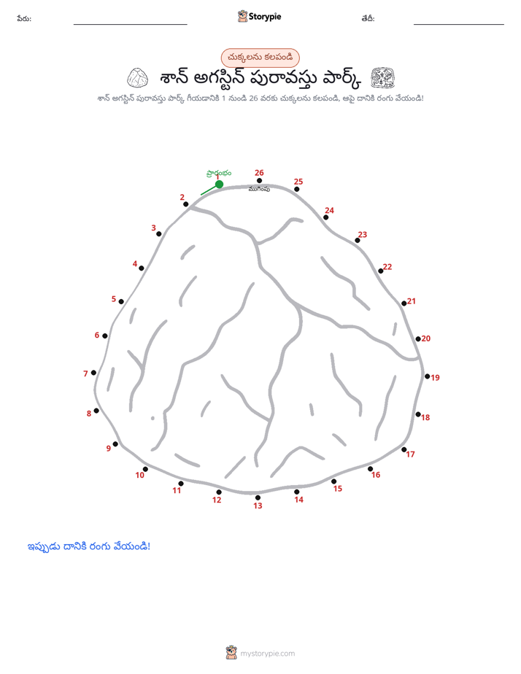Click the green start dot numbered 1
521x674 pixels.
[x=219, y=185]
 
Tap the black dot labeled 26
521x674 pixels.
[x=259, y=181]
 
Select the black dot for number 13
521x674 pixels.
[x=258, y=497]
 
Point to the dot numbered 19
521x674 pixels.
[x=428, y=376]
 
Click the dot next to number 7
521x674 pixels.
[x=93, y=373]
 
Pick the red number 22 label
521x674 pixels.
[x=387, y=267]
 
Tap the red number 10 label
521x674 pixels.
[x=139, y=475]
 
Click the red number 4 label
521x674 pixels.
[x=135, y=263]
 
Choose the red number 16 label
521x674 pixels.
[x=376, y=475]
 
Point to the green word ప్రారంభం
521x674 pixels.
[x=219, y=173]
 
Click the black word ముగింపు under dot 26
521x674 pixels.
[x=259, y=189]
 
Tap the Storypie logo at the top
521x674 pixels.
[x=260, y=16]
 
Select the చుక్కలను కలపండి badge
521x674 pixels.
[x=260, y=58]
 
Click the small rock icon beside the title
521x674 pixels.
[x=138, y=78]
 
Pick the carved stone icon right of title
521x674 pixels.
[x=383, y=78]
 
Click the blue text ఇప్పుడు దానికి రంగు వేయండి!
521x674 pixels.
[x=89, y=546]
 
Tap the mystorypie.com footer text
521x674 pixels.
[x=267, y=654]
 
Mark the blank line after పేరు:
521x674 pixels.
[x=130, y=25]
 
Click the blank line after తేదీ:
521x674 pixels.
[x=459, y=25]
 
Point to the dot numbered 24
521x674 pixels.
[x=326, y=217]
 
